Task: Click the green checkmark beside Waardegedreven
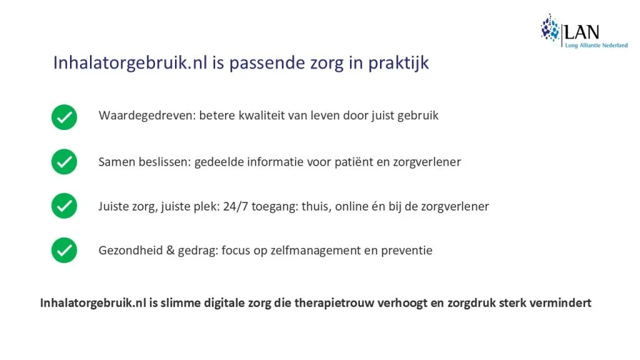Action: [64, 117]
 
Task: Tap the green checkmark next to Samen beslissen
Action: [64, 162]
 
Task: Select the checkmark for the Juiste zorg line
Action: [64, 206]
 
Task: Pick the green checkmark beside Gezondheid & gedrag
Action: [64, 250]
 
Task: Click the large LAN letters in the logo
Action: [582, 32]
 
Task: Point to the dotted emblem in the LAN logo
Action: [550, 28]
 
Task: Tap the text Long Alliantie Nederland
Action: [596, 45]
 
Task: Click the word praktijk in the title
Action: [398, 63]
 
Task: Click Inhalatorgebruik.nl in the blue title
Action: [130, 63]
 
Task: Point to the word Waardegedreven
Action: [147, 116]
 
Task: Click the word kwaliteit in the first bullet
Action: [261, 116]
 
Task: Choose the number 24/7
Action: [236, 206]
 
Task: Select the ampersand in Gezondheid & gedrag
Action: [170, 250]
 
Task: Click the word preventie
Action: [406, 251]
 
